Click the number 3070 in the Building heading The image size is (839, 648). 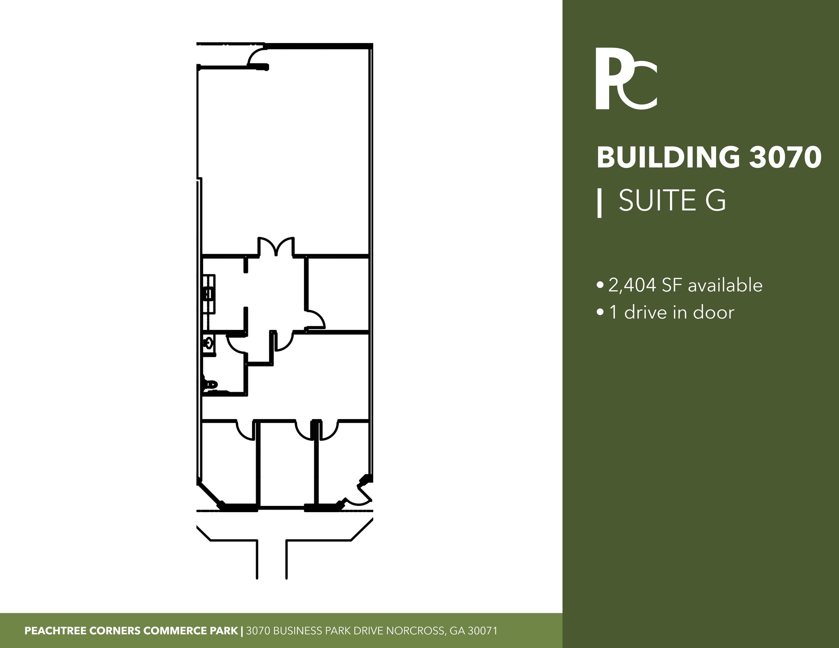coord(785,158)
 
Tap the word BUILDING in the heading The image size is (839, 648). coord(668,158)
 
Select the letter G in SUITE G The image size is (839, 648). coord(715,200)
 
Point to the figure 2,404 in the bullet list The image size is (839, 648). coord(633,286)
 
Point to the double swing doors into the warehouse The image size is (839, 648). coord(276,246)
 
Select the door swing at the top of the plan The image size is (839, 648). coord(257,57)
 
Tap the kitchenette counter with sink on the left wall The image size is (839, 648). coord(209,294)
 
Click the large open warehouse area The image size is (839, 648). coord(285,156)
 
